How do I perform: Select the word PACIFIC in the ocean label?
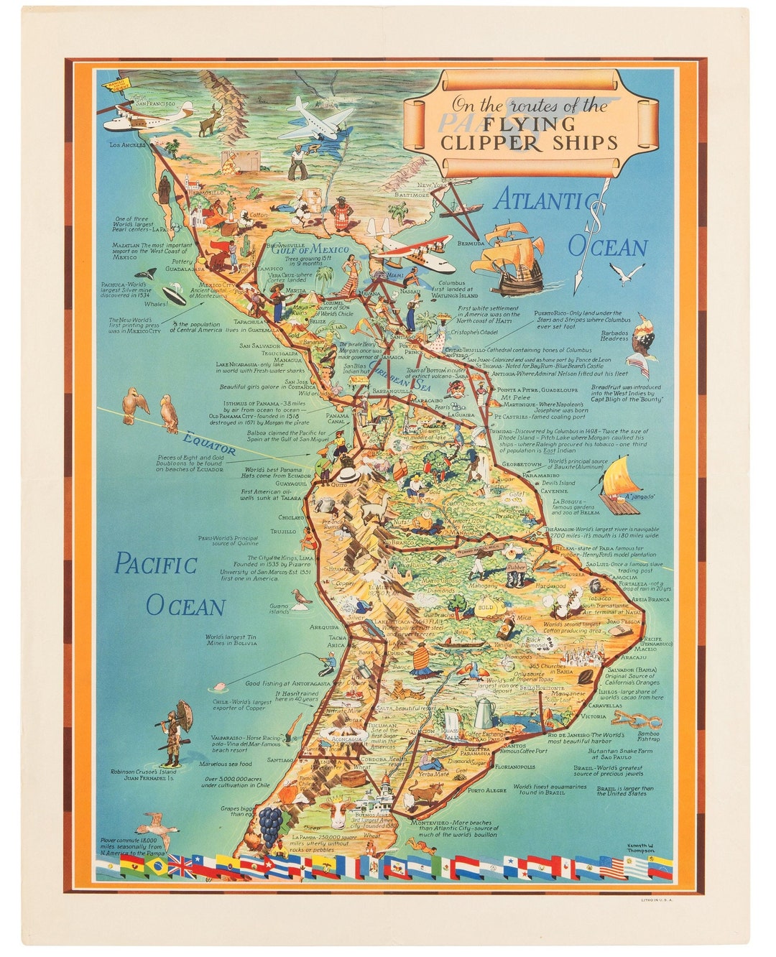click(x=156, y=565)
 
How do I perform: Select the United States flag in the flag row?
click(x=613, y=867)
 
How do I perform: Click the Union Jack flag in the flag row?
click(x=180, y=867)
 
